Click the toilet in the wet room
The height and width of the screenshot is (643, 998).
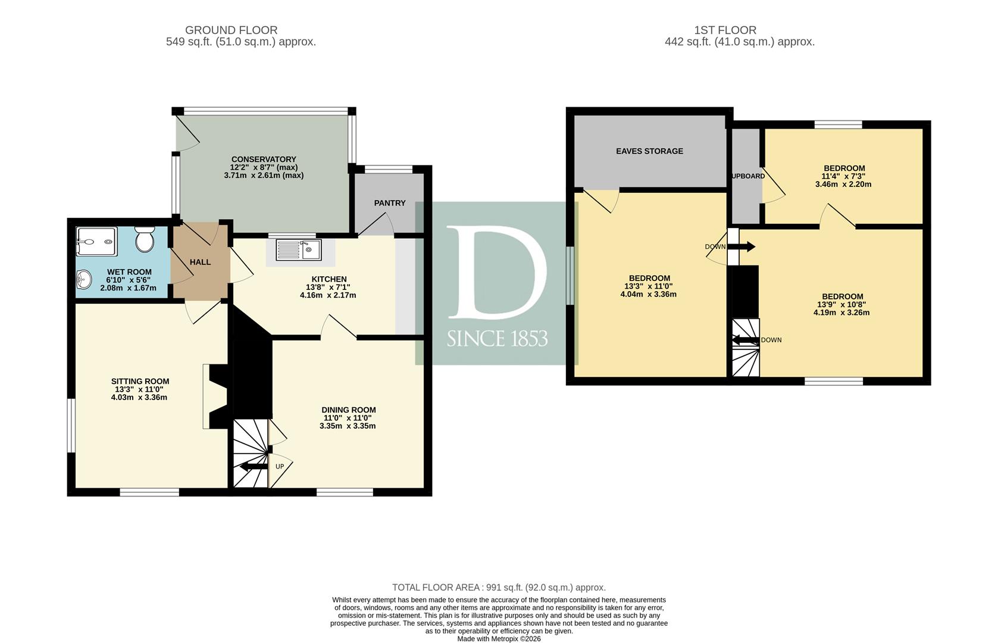145,239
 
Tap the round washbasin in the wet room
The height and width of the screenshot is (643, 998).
83,280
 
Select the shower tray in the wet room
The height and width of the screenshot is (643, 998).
96,242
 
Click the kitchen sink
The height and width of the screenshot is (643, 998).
299,249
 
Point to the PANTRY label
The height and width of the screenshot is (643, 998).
390,203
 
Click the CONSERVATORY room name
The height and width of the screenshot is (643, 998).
264,159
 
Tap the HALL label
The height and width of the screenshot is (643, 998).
201,262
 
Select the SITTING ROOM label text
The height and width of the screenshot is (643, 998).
140,381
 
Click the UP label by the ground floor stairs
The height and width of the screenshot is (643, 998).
280,467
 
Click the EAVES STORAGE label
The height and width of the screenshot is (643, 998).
650,151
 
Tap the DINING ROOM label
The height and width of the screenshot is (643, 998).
348,410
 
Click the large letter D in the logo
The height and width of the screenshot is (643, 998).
498,272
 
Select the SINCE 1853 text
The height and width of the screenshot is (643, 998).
498,339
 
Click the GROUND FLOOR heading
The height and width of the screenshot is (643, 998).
231,30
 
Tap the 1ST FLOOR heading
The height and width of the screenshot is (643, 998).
725,30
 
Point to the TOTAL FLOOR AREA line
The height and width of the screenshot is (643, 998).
499,587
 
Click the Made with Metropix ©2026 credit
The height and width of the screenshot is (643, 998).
499,639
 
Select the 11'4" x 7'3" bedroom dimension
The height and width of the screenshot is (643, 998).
843,176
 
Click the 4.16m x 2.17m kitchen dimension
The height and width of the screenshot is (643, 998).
329,295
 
